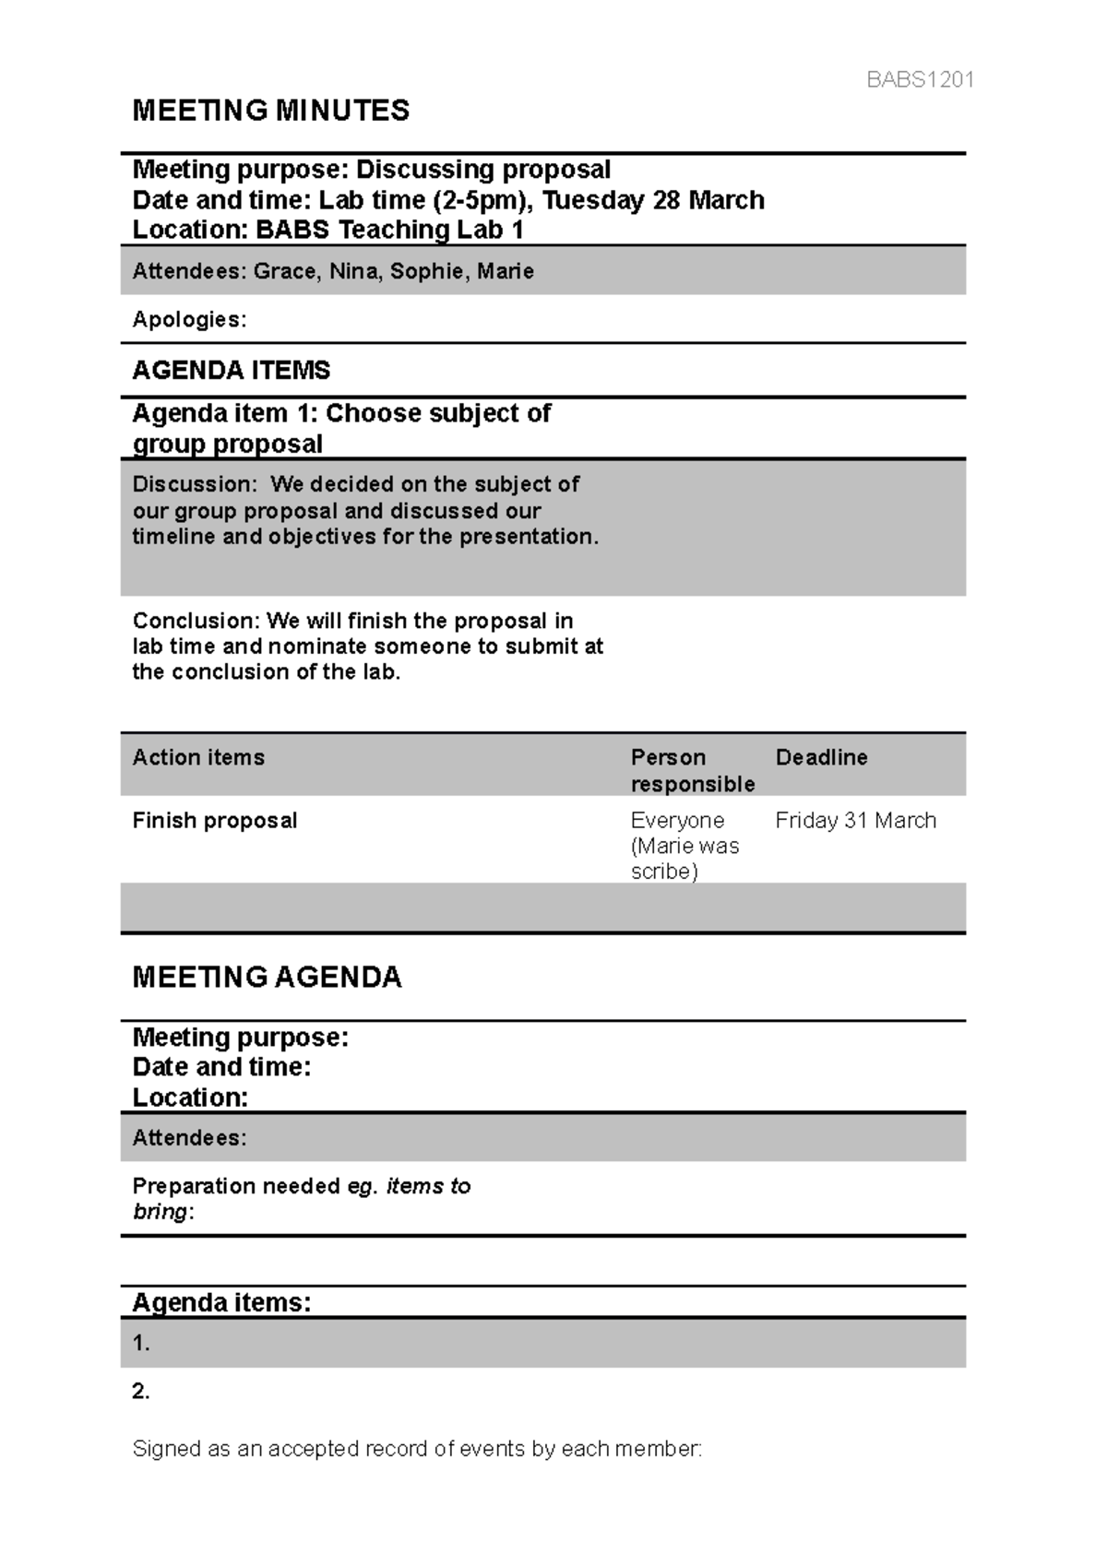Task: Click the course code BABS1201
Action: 920,79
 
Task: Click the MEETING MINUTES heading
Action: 270,111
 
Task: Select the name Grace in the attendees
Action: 283,271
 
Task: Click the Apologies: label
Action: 189,319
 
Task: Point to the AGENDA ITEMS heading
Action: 231,370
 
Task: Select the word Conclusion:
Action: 196,621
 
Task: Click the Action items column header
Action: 198,757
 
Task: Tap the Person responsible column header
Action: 692,770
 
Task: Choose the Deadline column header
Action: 821,757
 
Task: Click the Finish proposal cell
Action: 214,820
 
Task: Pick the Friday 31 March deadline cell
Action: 855,820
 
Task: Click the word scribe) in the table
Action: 664,872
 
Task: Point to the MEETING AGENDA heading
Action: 267,978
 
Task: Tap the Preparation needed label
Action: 237,1186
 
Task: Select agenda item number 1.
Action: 141,1344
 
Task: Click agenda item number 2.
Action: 141,1392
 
